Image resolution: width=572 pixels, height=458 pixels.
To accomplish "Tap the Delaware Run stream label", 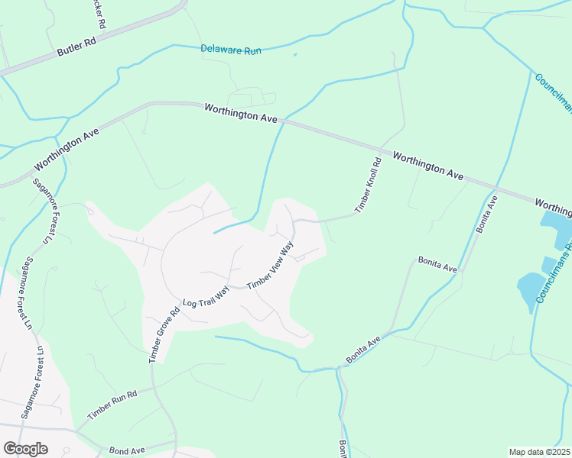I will point(231,50).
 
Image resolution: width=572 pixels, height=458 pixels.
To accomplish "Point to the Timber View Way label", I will point(271,266).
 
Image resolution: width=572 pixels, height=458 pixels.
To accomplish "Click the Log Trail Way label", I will point(206,296).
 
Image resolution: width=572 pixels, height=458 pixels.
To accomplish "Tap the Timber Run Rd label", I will point(112,405).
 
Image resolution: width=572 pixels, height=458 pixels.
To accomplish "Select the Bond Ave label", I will point(127,451).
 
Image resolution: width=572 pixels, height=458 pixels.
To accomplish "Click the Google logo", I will point(25,449).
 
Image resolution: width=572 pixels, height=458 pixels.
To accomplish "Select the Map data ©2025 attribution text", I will point(540,452).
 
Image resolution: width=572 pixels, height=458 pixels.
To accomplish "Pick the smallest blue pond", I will point(548,264).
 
